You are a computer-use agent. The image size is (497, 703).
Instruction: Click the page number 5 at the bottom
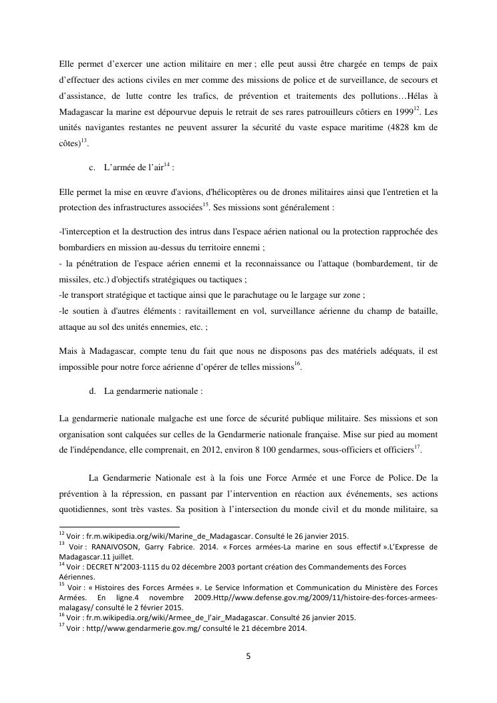248,656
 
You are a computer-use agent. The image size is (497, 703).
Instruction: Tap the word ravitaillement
225,310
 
